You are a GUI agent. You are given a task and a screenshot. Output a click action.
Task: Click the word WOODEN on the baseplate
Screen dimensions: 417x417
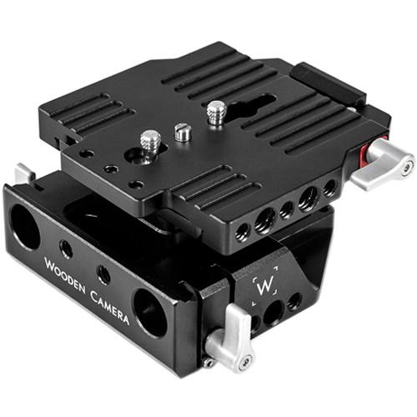(65, 275)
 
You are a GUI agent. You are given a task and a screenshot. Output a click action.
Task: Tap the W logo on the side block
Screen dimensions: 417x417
(264, 285)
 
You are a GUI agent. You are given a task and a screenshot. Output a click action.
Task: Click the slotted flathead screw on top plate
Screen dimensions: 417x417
(183, 132)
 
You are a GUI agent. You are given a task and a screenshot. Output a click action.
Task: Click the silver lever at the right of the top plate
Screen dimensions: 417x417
(385, 164)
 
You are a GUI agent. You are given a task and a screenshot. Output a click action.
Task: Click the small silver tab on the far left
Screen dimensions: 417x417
(24, 173)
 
